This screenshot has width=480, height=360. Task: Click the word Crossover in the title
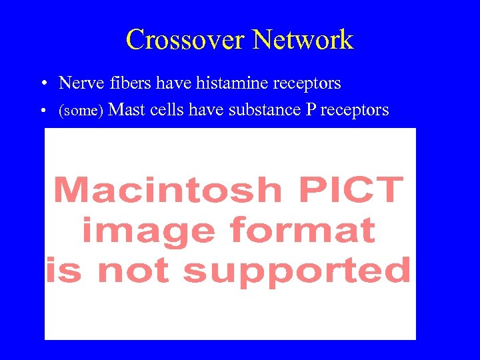(x=185, y=40)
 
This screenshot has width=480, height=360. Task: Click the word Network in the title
(x=303, y=40)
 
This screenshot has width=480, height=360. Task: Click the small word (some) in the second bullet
(x=81, y=110)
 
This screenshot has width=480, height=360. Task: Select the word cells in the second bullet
(x=163, y=109)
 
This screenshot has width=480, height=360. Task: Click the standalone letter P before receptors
(x=310, y=109)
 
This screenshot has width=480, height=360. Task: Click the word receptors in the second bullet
(x=354, y=110)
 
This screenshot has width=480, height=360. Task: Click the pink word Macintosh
(x=168, y=191)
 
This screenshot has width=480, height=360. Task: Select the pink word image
(x=147, y=231)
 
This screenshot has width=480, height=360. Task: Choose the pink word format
(x=302, y=231)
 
